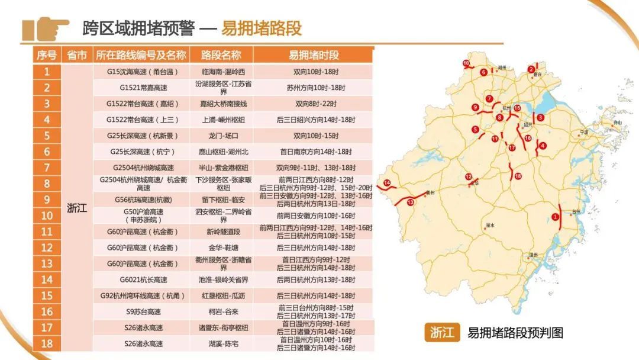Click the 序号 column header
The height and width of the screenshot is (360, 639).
[x=47, y=55]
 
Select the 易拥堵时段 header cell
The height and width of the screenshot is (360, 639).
[x=314, y=55]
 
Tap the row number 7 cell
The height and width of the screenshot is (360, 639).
[x=47, y=168]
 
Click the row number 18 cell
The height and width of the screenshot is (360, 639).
[x=47, y=343]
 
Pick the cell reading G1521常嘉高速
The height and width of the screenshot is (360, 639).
[x=141, y=88]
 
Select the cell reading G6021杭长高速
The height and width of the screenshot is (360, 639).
[x=141, y=279]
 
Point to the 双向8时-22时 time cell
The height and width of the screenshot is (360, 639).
[x=314, y=104]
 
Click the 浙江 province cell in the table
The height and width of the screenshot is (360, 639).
[x=77, y=208]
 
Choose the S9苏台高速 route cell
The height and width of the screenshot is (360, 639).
[x=141, y=311]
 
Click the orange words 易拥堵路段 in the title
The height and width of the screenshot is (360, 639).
[x=262, y=28]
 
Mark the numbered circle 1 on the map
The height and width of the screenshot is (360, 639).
[x=555, y=217]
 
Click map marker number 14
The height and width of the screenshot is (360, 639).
[x=387, y=183]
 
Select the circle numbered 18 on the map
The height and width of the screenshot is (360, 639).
[x=518, y=176]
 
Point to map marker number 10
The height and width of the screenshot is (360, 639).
[x=466, y=63]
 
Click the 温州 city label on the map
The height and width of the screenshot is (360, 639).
[x=534, y=255]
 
